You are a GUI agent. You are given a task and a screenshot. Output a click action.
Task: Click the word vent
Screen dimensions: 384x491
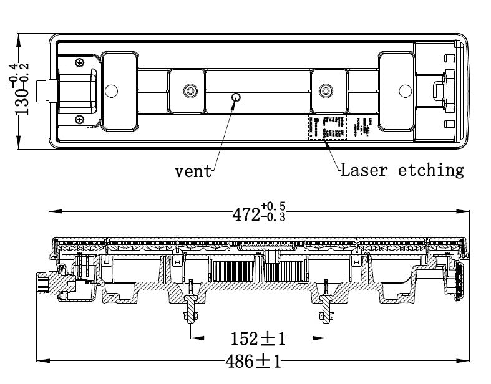[193, 171]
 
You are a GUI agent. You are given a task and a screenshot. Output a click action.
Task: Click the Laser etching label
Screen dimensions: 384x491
[402, 170]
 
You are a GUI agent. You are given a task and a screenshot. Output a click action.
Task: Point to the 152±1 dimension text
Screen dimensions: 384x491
[257, 338]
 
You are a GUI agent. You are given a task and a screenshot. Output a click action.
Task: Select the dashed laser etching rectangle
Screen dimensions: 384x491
[326, 127]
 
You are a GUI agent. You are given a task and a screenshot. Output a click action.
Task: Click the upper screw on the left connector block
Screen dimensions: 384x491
[80, 62]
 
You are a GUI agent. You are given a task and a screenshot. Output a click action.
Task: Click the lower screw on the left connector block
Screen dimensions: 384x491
[79, 119]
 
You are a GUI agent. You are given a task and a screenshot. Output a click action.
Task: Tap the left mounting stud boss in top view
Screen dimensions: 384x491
[188, 92]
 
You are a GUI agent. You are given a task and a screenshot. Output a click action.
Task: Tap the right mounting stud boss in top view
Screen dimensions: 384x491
[324, 92]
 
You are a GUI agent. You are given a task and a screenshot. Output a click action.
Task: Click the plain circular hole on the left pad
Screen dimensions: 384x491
[112, 91]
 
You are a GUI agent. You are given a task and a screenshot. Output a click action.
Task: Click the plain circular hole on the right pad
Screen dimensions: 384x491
[401, 91]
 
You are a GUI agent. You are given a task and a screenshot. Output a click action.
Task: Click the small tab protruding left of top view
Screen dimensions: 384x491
[42, 91]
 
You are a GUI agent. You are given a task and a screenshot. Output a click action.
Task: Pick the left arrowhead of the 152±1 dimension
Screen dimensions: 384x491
[192, 338]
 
